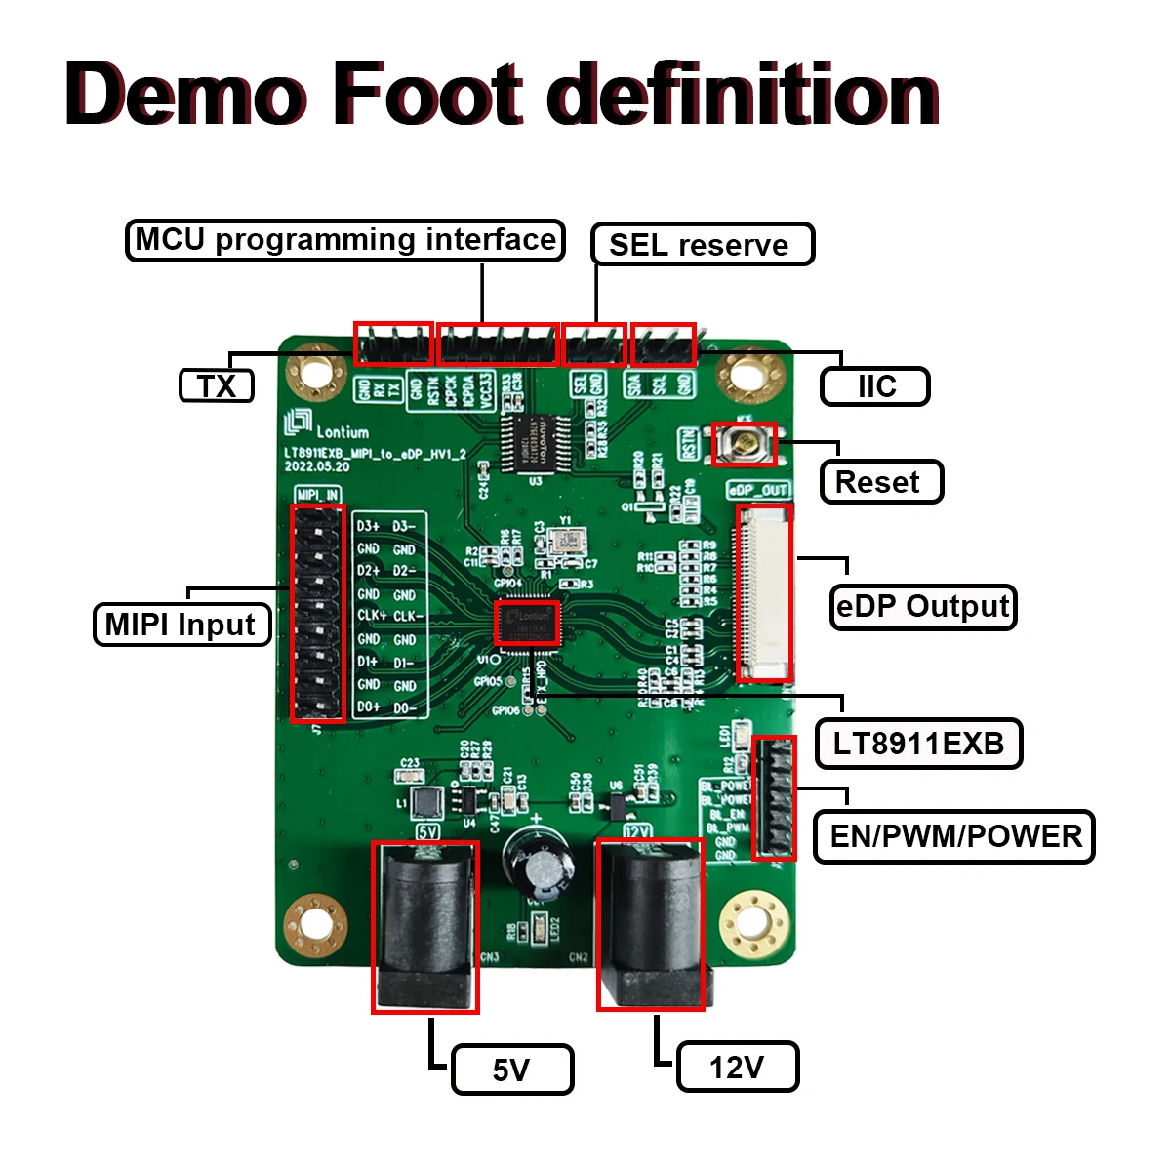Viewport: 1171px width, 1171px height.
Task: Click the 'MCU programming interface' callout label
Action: click(345, 240)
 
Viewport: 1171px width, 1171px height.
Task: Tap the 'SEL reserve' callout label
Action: click(702, 244)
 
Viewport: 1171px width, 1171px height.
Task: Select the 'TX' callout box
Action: click(217, 385)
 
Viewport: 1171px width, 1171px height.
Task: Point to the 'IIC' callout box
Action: click(875, 386)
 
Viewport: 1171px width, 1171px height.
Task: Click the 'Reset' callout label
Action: click(880, 482)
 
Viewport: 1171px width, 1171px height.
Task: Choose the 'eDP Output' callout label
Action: click(922, 607)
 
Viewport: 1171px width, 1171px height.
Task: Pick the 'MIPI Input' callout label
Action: click(182, 625)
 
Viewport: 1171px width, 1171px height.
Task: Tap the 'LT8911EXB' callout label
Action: click(918, 744)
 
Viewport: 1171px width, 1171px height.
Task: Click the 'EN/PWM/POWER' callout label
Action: click(954, 836)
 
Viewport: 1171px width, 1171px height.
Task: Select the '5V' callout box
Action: click(512, 1070)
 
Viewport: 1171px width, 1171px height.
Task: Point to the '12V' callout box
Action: click(738, 1067)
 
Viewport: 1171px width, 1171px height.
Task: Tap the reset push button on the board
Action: click(746, 444)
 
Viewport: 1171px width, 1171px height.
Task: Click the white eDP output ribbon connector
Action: click(764, 593)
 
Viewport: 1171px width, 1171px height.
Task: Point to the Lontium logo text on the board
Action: click(342, 431)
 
